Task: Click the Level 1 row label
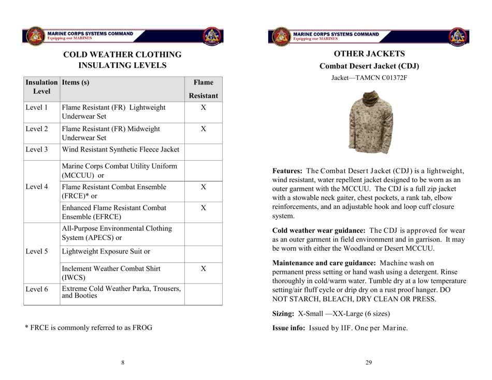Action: [36, 108]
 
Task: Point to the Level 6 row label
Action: [36, 288]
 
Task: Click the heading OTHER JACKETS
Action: [369, 54]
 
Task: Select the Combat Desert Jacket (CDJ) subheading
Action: [369, 67]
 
